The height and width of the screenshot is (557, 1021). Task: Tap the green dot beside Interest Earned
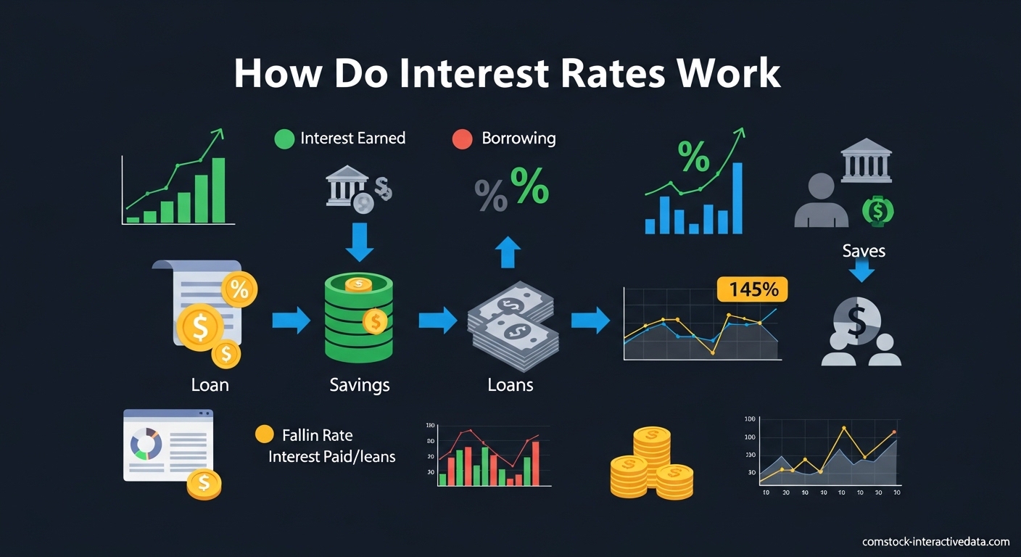284,139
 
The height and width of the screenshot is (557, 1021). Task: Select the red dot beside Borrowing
462,139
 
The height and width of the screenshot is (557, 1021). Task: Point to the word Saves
864,251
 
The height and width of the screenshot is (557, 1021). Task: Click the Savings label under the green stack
360,384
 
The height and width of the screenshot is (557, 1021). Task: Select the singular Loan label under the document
210,384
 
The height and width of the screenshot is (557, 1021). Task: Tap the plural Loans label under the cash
510,384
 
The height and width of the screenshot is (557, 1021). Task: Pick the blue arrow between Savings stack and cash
437,320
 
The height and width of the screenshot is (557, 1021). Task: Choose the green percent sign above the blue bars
693,157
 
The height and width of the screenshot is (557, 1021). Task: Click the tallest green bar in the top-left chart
218,190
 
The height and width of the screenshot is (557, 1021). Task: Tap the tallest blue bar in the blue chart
737,198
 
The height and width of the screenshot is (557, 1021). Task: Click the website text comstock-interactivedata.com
935,542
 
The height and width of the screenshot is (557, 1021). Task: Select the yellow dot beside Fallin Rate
265,434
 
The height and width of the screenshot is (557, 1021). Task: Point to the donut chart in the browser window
146,443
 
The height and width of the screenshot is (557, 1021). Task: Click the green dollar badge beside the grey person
878,211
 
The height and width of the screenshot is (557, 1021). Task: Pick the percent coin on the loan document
239,289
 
